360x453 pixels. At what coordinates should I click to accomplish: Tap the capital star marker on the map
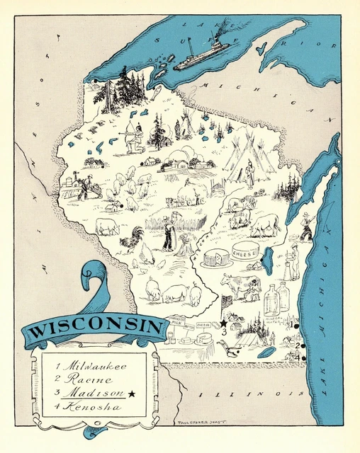click(223, 323)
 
